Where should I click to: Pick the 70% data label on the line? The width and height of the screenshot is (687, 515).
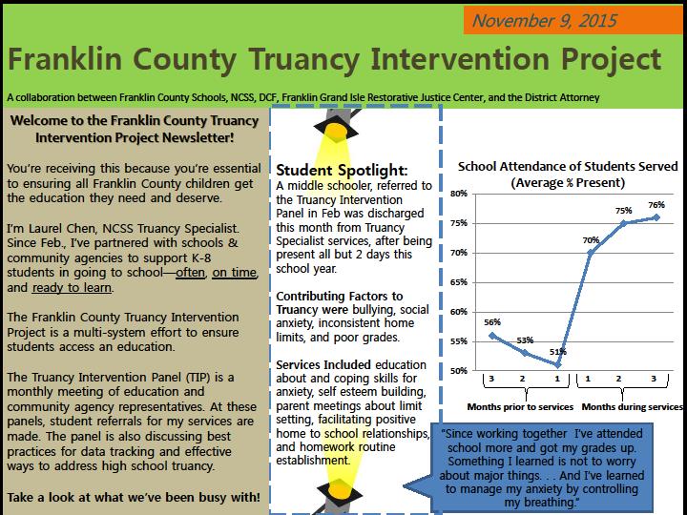pos(592,240)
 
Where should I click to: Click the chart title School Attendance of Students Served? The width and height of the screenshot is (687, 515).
pos(568,166)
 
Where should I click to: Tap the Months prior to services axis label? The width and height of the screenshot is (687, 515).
pos(520,407)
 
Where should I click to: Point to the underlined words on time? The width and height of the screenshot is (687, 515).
pos(235,273)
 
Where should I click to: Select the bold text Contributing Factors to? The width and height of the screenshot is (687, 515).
pos(339,297)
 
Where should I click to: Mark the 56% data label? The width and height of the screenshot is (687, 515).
pos(491,322)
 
